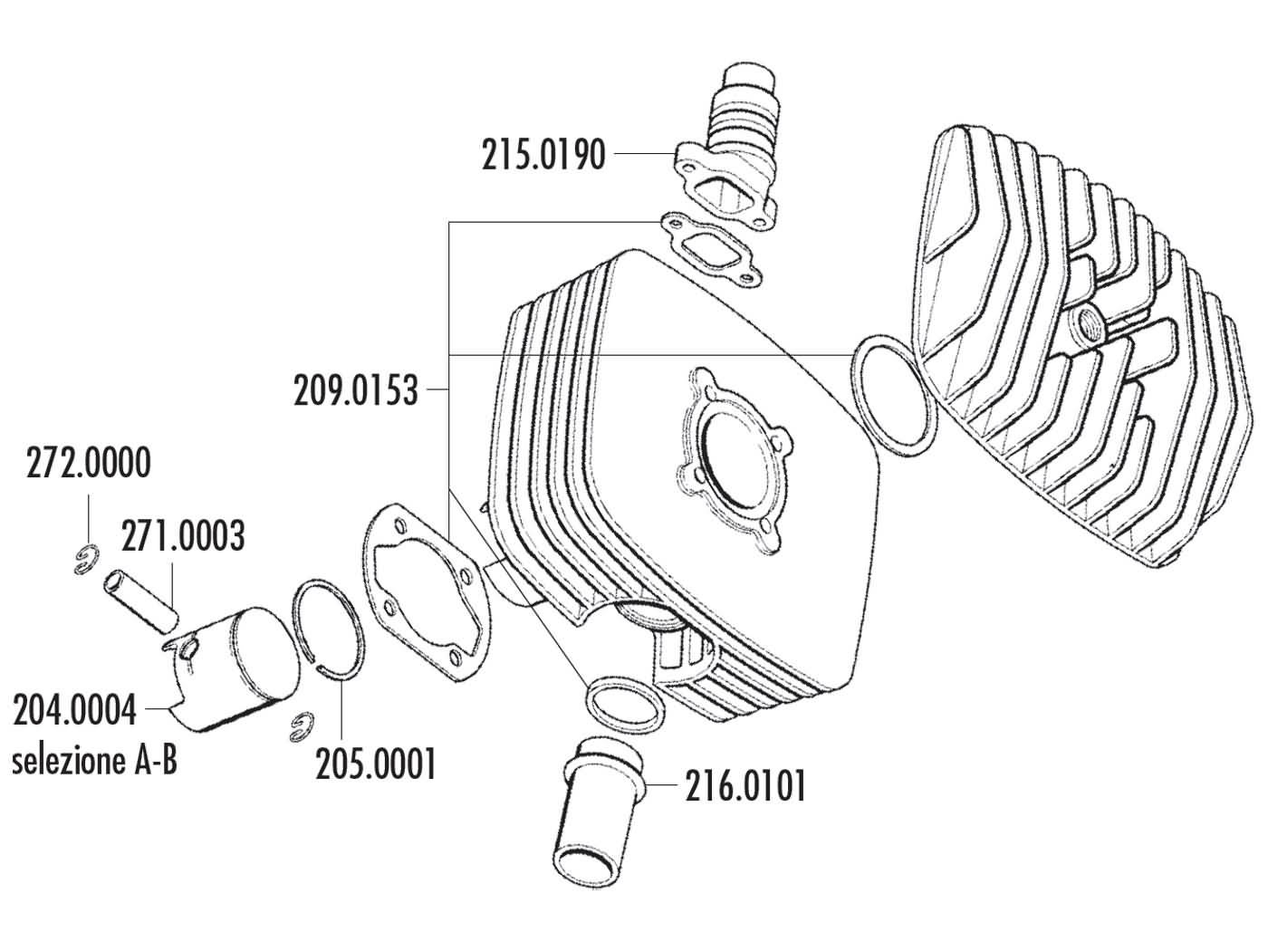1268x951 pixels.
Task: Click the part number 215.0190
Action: click(x=543, y=156)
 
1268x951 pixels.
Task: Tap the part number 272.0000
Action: click(x=87, y=464)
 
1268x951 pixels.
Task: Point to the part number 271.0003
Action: click(x=182, y=536)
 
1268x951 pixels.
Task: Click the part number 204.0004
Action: click(x=74, y=709)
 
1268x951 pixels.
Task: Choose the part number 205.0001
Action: click(x=376, y=764)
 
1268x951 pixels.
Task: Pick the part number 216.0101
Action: click(x=744, y=786)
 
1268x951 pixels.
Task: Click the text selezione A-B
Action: click(x=94, y=761)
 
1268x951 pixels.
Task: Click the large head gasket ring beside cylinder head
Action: click(x=893, y=394)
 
